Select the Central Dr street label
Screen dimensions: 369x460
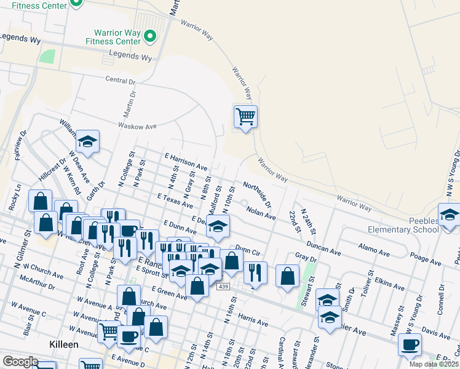(120, 81)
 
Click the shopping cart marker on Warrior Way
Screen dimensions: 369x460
(245, 116)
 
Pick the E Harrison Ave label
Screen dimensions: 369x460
(185, 162)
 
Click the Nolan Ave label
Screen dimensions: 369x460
(261, 212)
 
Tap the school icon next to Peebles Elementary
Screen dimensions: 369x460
(450, 215)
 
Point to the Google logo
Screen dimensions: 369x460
(20, 362)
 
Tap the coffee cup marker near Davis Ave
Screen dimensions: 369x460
(410, 344)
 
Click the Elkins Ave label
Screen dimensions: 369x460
(389, 284)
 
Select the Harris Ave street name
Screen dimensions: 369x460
(253, 321)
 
